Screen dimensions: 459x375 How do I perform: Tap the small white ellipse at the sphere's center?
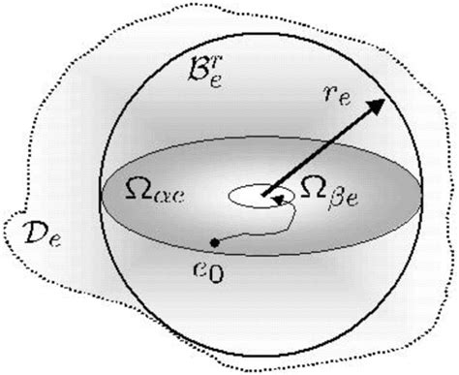tap(251, 195)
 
